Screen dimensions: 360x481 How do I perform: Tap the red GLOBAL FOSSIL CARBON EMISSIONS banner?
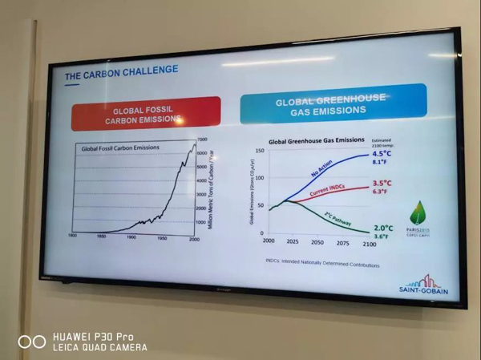tap(146, 114)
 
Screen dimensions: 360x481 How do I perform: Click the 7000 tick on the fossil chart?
tap(202, 140)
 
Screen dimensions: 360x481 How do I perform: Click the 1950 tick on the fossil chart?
tap(161, 238)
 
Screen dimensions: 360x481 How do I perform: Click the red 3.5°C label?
tap(382, 183)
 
